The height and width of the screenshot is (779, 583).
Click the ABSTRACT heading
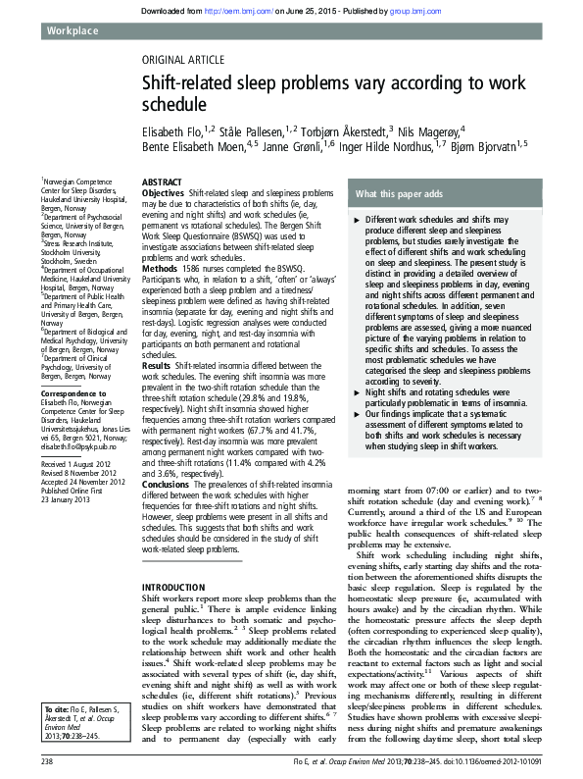(x=163, y=183)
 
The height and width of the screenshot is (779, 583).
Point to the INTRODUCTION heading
(x=174, y=586)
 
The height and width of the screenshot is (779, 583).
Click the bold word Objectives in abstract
(x=164, y=194)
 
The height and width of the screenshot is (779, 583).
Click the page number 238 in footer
(x=47, y=760)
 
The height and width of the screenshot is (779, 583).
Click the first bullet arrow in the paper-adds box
(x=357, y=220)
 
